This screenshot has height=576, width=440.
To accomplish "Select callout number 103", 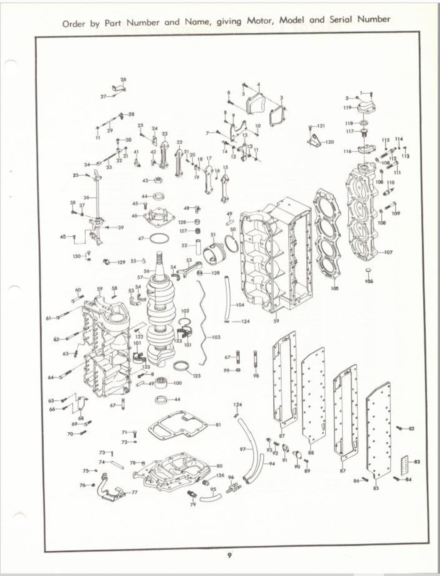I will [x=216, y=337].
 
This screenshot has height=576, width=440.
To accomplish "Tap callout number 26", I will [x=123, y=79].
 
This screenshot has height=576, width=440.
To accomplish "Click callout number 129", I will [x=121, y=262].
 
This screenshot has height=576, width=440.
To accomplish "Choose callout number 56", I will [x=147, y=271].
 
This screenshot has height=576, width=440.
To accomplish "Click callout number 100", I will [x=178, y=383].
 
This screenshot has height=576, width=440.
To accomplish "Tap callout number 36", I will [x=87, y=197].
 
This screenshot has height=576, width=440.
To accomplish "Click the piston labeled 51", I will [x=214, y=251].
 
